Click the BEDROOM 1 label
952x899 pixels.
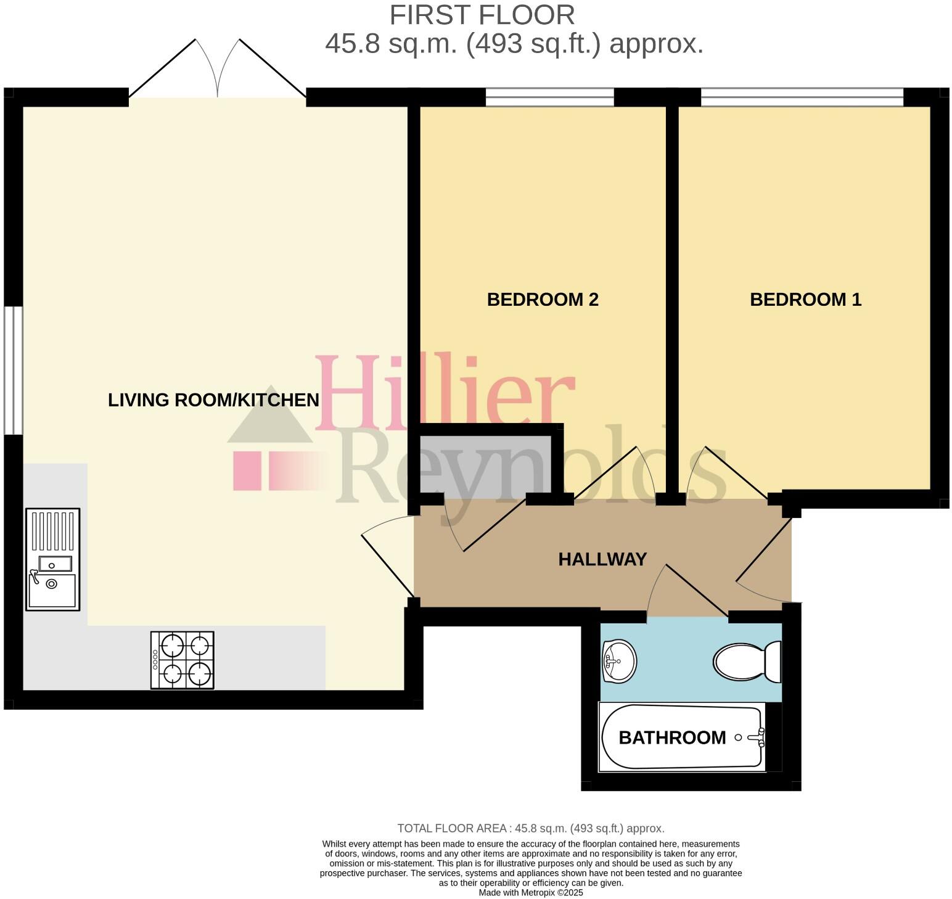[x=805, y=300]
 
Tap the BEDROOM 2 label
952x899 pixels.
[x=543, y=300]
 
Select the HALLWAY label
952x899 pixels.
[x=602, y=559]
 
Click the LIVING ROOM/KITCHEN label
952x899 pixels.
[x=213, y=400]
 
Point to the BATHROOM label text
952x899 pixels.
[x=672, y=737]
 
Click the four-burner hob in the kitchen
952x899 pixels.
[x=183, y=660]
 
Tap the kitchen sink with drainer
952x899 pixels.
[x=52, y=559]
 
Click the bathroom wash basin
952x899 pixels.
[x=619, y=662]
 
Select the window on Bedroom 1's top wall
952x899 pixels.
[x=802, y=97]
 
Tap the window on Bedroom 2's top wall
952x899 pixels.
[x=549, y=97]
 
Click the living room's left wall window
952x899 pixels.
[x=13, y=370]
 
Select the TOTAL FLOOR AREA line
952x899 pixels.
[x=531, y=828]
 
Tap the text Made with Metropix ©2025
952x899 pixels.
[x=531, y=892]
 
